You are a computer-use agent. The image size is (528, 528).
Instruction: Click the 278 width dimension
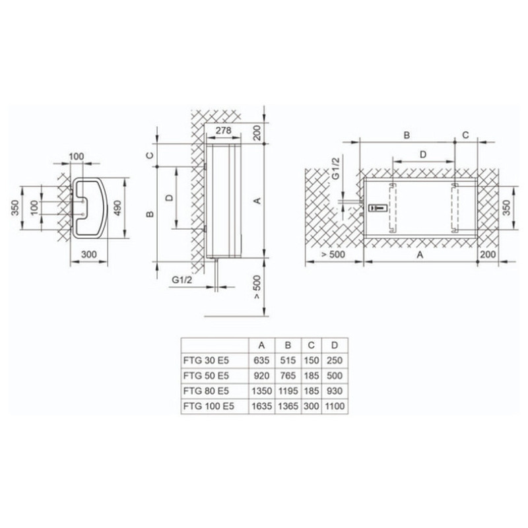[x=224, y=131]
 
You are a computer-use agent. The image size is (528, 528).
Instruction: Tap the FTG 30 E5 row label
[x=207, y=360]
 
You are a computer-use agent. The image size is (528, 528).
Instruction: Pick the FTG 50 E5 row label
[x=207, y=376]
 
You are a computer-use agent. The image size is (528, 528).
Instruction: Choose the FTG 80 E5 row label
[x=207, y=391]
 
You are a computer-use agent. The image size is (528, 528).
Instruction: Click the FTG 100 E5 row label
[x=209, y=407]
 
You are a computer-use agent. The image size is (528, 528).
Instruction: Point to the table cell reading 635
[x=261, y=360]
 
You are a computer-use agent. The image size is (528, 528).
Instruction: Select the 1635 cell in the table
[x=261, y=407]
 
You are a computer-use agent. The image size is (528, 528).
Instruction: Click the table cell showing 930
[x=335, y=391]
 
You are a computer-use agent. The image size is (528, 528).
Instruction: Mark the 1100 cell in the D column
[x=335, y=407]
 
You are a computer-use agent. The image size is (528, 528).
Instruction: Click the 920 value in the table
[x=261, y=376]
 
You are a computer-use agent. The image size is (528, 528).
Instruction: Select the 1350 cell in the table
[x=261, y=391]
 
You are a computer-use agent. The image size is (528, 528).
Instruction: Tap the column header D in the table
[x=335, y=345]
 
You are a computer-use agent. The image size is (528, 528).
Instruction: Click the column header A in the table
[x=261, y=345]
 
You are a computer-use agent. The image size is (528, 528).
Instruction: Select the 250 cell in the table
[x=335, y=360]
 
